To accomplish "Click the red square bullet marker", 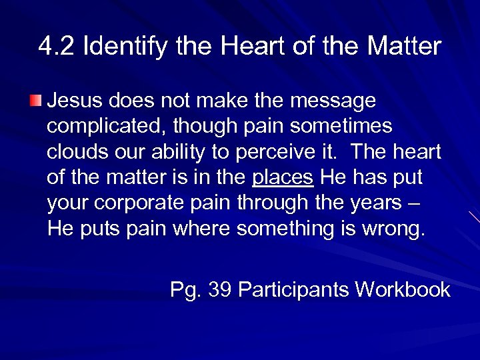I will click(x=35, y=101).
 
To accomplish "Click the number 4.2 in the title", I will click(x=55, y=47).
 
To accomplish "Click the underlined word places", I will click(x=283, y=178).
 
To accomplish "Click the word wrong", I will click(x=392, y=229).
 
